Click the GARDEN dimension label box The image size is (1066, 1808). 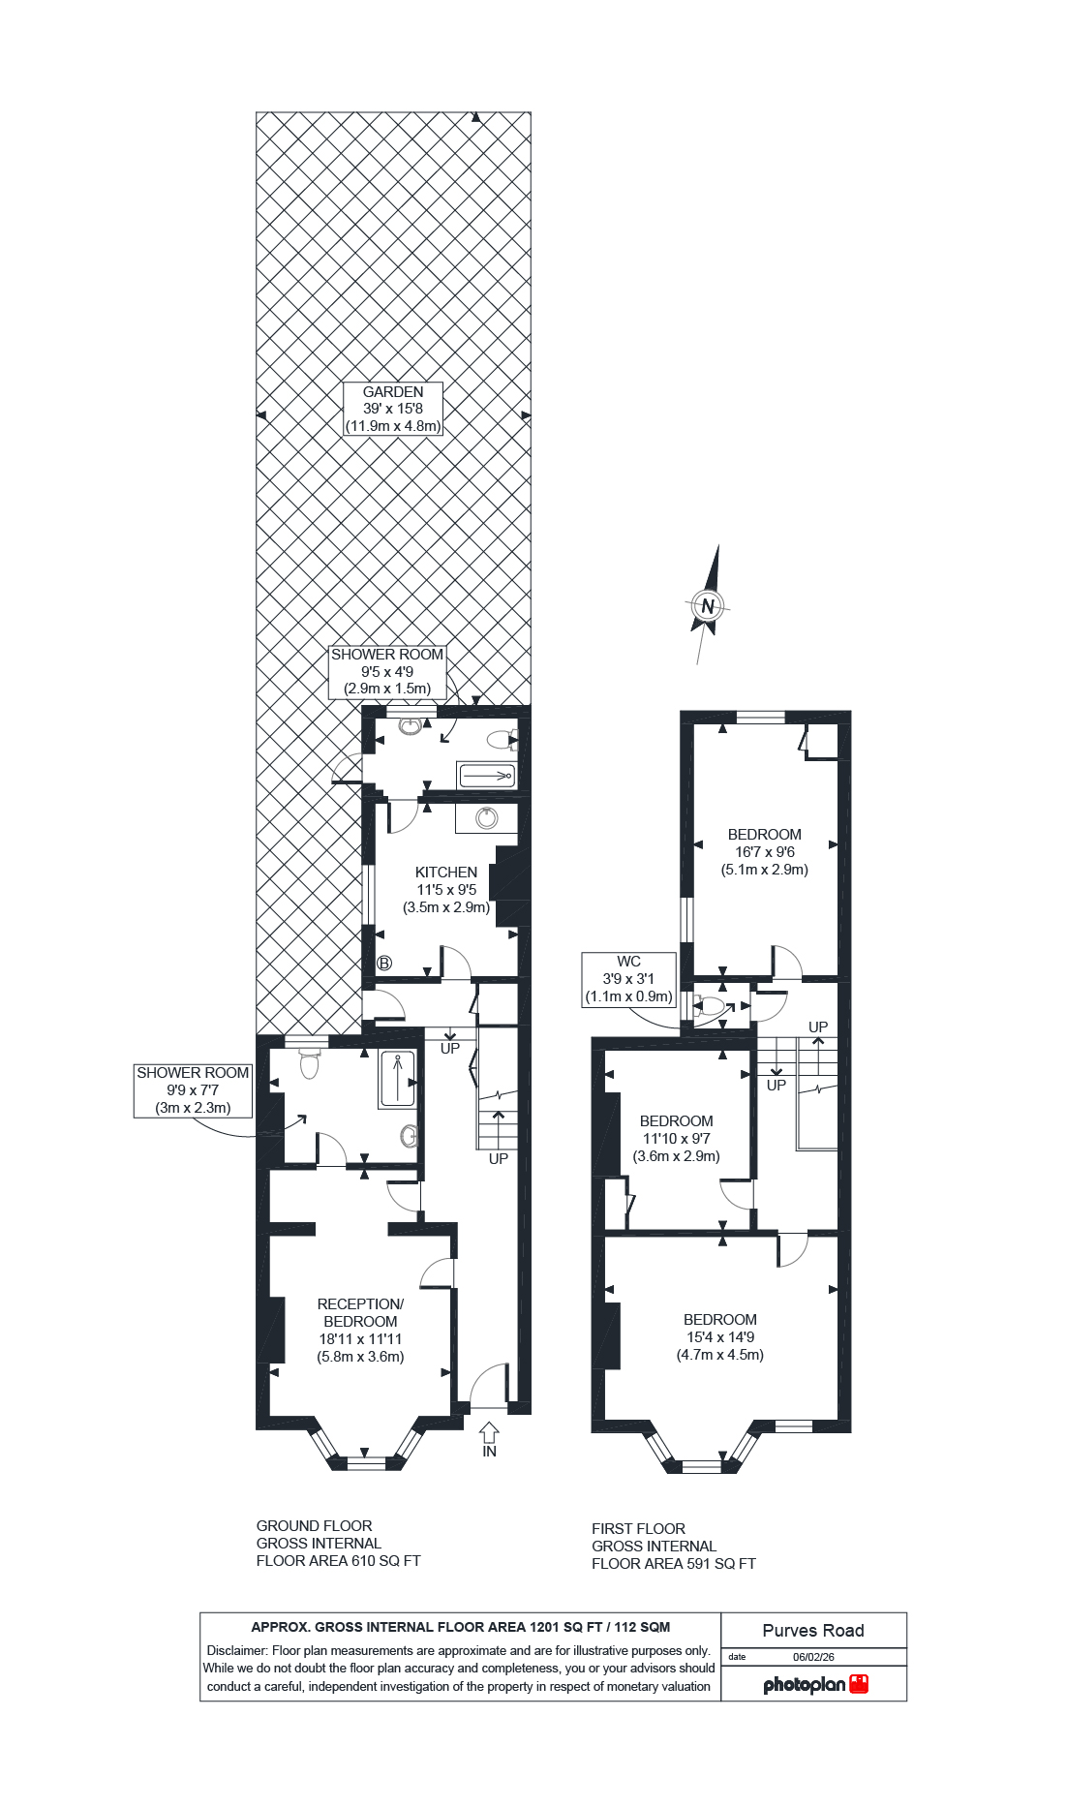[x=393, y=409]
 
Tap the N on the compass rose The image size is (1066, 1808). [x=708, y=607]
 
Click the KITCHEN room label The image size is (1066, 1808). [x=446, y=873]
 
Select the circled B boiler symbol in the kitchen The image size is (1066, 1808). [x=384, y=964]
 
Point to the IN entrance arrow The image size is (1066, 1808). [x=489, y=1432]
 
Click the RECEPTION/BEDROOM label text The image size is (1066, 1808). [x=360, y=1313]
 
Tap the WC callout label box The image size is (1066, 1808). [x=628, y=979]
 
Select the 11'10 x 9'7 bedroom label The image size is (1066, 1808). [x=676, y=1139]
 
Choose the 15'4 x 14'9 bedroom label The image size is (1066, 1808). [x=719, y=1337]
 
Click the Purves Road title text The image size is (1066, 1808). [x=812, y=1631]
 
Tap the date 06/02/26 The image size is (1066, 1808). [x=813, y=1657]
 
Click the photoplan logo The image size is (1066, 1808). [x=815, y=1685]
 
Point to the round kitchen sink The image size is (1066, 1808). [x=487, y=818]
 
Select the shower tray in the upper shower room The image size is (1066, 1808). [x=486, y=776]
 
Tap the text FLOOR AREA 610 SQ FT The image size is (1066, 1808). [x=338, y=1561]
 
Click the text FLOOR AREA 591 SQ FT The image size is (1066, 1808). [x=673, y=1564]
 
